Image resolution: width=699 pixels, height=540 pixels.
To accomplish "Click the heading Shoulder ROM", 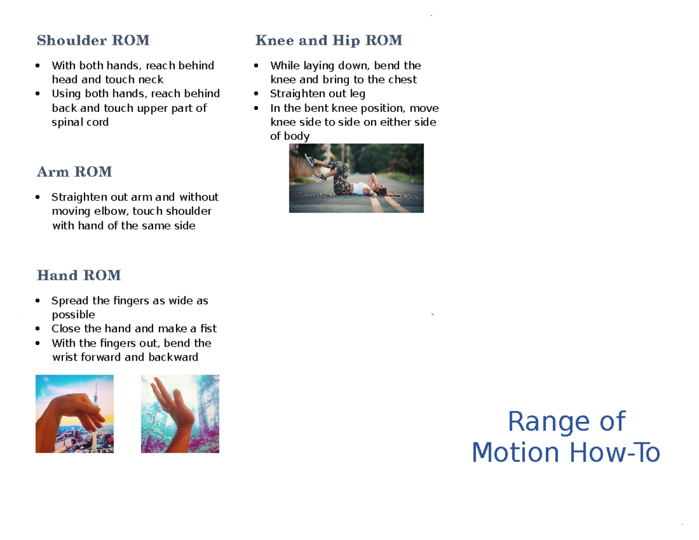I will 93,41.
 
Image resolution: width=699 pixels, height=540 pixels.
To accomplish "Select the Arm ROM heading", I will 74,172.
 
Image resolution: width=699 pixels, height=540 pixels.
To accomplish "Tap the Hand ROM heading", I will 79,275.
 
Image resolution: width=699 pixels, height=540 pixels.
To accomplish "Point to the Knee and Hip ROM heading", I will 329,41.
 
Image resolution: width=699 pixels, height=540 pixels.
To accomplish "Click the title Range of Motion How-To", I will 566,437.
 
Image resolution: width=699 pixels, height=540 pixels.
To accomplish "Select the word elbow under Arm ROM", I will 112,211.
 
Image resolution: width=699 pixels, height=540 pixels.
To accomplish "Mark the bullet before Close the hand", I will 38,329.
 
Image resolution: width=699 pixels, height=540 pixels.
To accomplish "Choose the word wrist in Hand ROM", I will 65,357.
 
